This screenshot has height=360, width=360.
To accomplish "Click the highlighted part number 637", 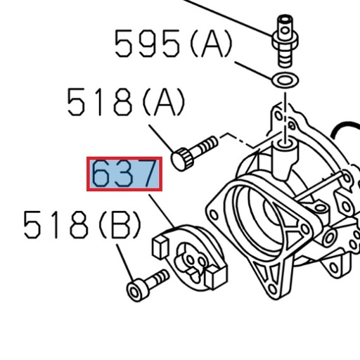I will coord(124,174).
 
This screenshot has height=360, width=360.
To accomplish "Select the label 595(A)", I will coord(173,44).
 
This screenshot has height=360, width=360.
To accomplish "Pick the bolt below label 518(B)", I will coord(146,283).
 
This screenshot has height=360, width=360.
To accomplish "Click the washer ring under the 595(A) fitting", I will coord(283,79).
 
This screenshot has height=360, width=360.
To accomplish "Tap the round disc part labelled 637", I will coord(190,257).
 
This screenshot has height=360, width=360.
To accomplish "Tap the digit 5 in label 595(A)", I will coord(127,44).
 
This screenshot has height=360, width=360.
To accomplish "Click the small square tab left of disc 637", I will coord(160,247).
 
